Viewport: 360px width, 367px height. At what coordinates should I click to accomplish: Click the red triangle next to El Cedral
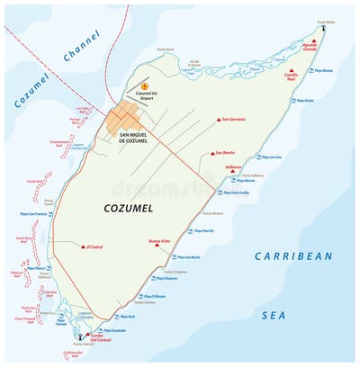click(84, 246)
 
